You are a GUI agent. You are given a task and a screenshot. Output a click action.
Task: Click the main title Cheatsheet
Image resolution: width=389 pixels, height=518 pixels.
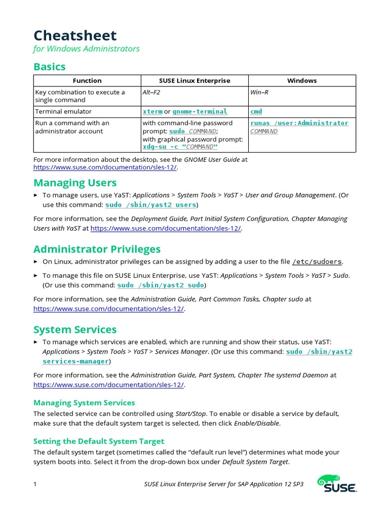click(75, 35)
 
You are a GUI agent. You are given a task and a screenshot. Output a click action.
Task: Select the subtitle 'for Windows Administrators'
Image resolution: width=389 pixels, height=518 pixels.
click(87, 49)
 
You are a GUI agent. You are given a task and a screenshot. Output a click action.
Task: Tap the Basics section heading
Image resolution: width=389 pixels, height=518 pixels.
click(50, 67)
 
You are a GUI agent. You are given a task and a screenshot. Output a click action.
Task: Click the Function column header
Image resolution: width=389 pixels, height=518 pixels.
click(87, 80)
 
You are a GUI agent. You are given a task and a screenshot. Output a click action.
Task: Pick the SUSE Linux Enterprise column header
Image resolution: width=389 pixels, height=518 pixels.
click(194, 80)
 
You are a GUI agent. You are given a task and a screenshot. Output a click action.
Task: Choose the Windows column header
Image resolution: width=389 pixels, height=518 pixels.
click(302, 80)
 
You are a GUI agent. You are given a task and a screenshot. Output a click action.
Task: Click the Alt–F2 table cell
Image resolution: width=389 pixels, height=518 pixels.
click(151, 92)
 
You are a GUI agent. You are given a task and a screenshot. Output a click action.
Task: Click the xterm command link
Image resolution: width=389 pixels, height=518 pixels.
click(152, 111)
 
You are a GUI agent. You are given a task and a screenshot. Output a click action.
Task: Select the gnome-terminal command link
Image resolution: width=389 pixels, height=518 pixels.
click(200, 111)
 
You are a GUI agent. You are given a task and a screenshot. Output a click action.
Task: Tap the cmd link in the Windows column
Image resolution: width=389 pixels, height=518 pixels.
click(256, 111)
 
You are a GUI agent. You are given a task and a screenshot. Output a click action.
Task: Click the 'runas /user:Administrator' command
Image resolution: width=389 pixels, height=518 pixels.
click(299, 123)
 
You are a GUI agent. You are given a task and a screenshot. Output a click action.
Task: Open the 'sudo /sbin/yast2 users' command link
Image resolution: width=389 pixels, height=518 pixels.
click(150, 205)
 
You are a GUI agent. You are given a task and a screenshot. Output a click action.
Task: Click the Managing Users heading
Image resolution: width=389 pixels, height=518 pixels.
click(75, 183)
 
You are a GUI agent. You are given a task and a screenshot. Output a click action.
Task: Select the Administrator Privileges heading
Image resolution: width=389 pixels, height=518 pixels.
click(97, 249)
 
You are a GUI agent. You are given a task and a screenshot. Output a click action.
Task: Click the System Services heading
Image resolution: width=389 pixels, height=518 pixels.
click(75, 330)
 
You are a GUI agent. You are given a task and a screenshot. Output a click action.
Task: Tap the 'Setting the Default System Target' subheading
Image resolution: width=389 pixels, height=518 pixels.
click(99, 441)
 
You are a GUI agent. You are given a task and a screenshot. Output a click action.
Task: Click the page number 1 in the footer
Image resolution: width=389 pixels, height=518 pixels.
click(35, 484)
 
